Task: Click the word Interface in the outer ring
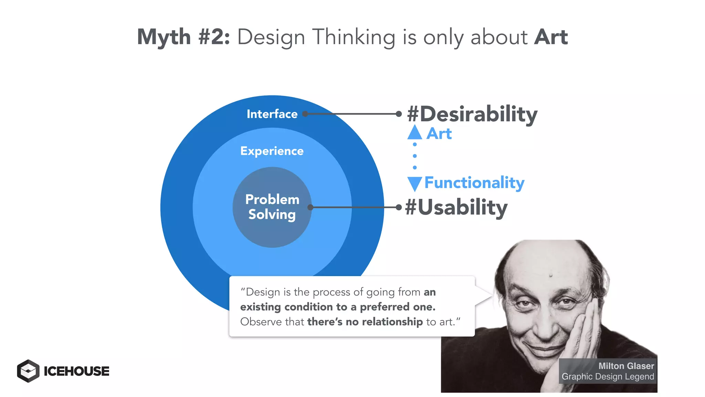(272, 114)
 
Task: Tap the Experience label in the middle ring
(272, 151)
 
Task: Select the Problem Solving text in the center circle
(272, 207)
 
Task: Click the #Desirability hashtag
(472, 114)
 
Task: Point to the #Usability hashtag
(456, 207)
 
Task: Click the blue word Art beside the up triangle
(439, 134)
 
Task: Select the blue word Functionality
(474, 183)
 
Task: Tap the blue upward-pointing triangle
(415, 133)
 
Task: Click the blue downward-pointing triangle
(415, 183)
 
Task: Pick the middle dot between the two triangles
(415, 156)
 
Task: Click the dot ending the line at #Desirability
(399, 114)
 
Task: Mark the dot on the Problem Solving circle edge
(311, 207)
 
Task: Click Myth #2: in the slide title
(183, 37)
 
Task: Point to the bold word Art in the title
(551, 37)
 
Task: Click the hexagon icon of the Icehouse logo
(28, 371)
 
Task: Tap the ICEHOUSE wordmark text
(76, 371)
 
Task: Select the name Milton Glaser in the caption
(626, 366)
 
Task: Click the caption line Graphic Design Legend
(608, 377)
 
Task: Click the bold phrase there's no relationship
(365, 322)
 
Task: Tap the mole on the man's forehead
(551, 275)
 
